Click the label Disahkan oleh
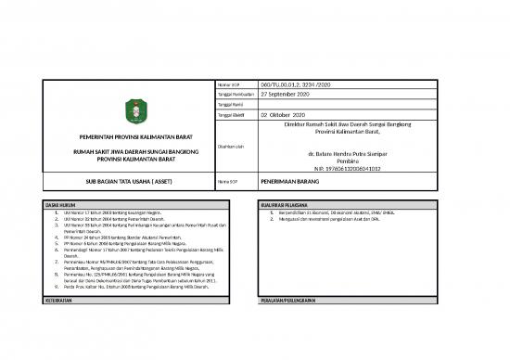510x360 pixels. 231,145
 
